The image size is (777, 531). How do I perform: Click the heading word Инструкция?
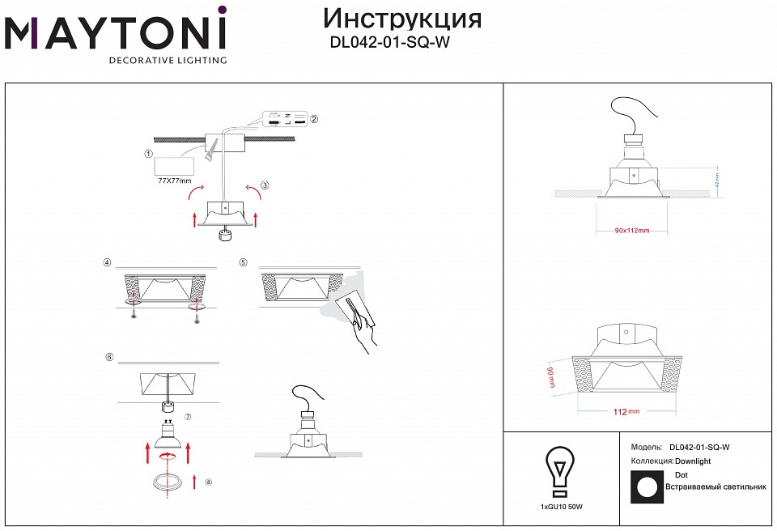(x=402, y=19)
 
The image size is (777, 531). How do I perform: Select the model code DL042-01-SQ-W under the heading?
(x=389, y=44)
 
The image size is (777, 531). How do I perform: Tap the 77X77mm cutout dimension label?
(x=175, y=181)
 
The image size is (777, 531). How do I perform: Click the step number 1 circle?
(x=148, y=154)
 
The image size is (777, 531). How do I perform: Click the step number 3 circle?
(x=265, y=185)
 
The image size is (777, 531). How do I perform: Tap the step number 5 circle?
(x=243, y=262)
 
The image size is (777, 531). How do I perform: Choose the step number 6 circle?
(x=108, y=357)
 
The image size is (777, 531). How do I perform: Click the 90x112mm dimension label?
(x=632, y=231)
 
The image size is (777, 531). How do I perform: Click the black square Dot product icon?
(x=645, y=487)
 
